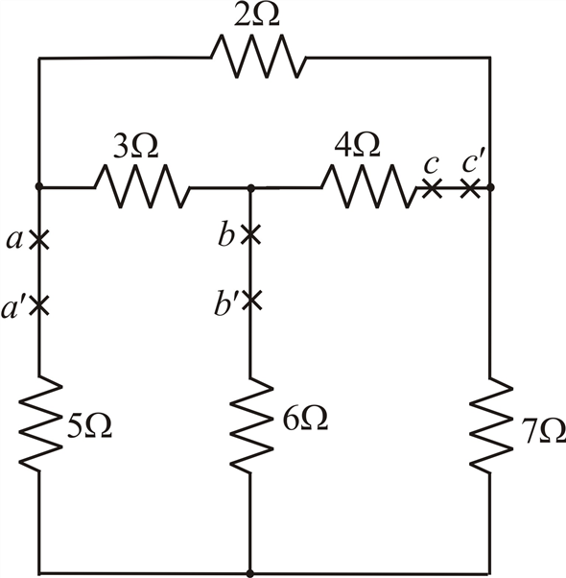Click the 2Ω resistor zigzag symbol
tap(258, 57)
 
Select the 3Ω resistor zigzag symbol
tap(143, 186)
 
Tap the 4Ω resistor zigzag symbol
tap(369, 186)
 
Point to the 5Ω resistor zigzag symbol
tap(39, 423)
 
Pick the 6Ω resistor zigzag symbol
tap(251, 425)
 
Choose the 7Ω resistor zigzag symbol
tap(490, 424)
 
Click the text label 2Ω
tap(257, 16)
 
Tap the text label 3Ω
tap(135, 146)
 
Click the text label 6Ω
tap(305, 420)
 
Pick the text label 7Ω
tap(544, 430)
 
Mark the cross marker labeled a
tap(39, 240)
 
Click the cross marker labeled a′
tap(39, 305)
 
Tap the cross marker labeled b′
tap(251, 300)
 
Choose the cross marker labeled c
tap(432, 188)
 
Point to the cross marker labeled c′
tap(470, 188)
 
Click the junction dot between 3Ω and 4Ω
tap(251, 188)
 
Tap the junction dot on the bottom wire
tap(250, 573)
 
